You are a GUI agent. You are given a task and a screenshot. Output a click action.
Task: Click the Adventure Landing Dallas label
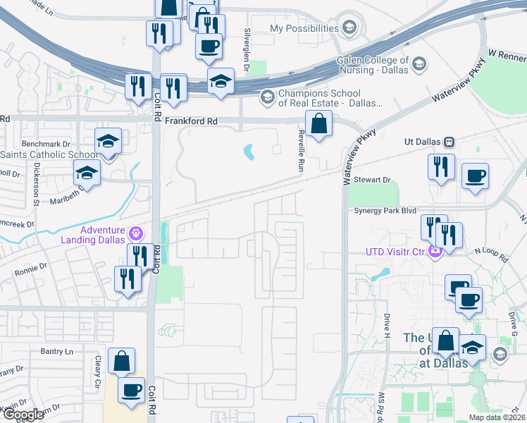point(103,235)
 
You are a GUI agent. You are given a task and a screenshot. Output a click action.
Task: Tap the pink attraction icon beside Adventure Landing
point(137,231)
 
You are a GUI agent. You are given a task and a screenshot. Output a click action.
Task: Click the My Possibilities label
point(304,28)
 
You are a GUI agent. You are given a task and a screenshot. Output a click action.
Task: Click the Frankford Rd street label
point(192,121)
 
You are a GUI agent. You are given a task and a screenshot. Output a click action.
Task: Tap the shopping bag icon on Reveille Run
point(318,124)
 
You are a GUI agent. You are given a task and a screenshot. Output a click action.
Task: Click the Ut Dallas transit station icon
point(449,142)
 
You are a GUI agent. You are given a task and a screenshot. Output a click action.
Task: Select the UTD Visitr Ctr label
point(396,251)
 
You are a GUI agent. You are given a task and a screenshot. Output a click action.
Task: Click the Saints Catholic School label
point(49,155)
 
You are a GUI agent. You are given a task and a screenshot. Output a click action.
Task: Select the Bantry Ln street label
point(57,351)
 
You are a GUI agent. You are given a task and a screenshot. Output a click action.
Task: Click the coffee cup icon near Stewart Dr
point(475,176)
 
